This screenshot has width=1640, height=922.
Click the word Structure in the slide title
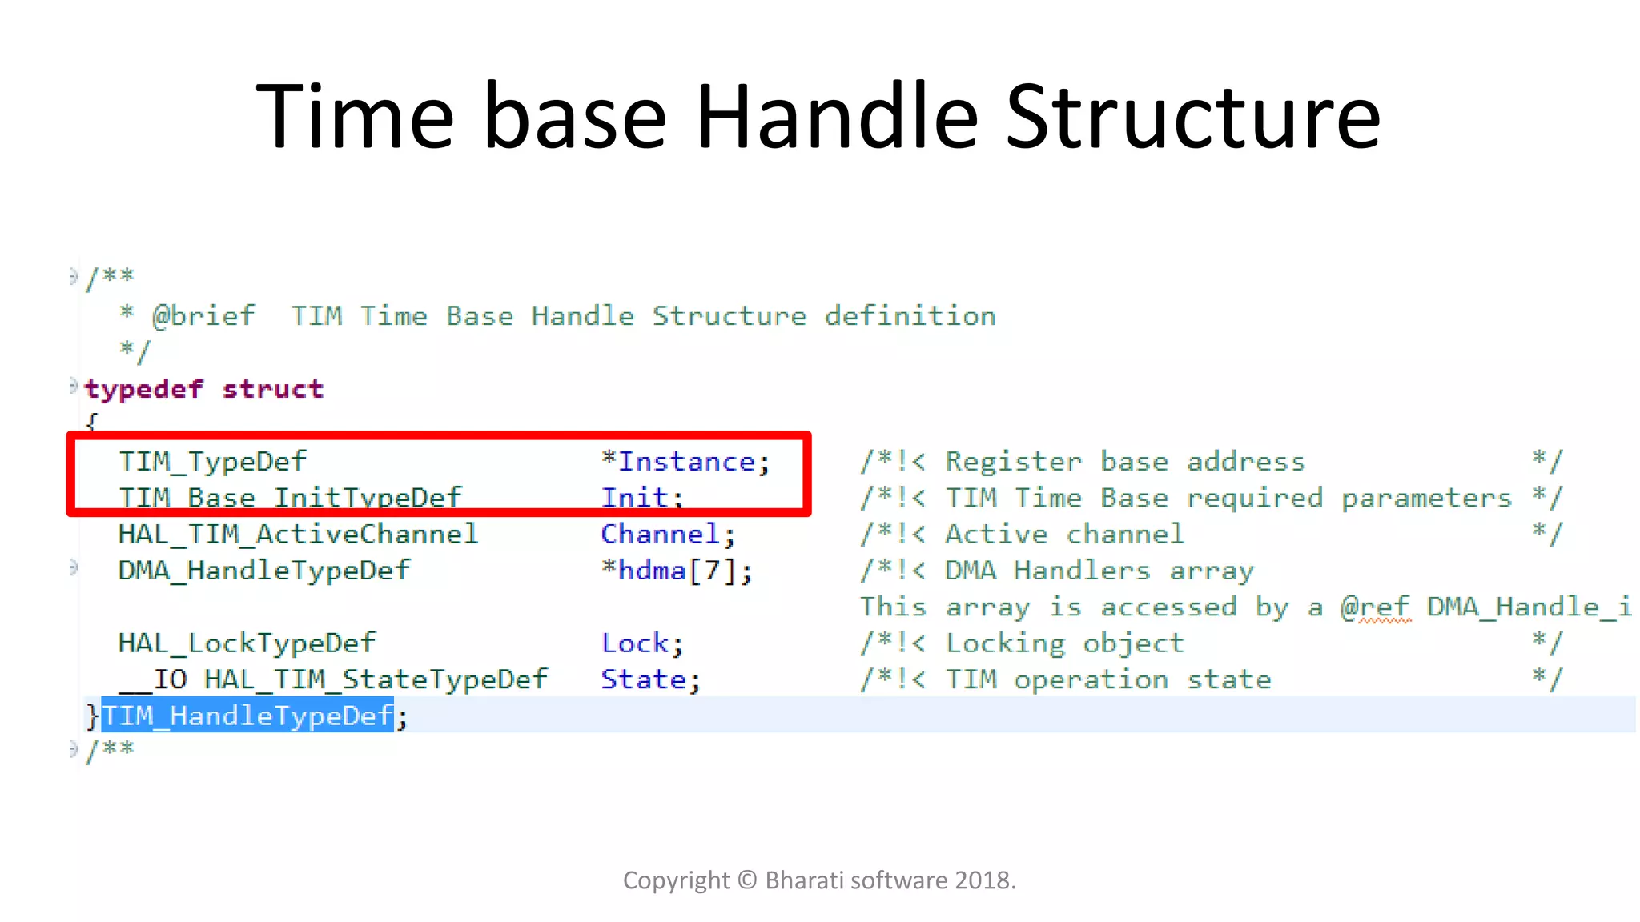pyautogui.click(x=1192, y=118)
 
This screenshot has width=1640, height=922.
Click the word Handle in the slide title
pyautogui.click(x=837, y=118)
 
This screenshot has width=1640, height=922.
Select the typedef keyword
pyautogui.click(x=144, y=389)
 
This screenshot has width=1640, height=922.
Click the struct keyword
pyautogui.click(x=273, y=389)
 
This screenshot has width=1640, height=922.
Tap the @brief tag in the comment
pyautogui.click(x=203, y=316)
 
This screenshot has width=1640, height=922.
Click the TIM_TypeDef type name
pyautogui.click(x=212, y=462)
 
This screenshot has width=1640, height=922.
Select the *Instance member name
pyautogui.click(x=685, y=462)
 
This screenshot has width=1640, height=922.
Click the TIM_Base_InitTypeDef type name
pyautogui.click(x=290, y=497)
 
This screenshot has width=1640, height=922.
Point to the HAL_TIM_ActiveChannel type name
pyautogui.click(x=298, y=534)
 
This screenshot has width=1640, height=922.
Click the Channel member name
pyautogui.click(x=661, y=534)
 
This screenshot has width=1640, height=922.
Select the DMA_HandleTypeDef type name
pyautogui.click(x=263, y=571)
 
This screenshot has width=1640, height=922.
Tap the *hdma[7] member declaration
pyautogui.click(x=677, y=571)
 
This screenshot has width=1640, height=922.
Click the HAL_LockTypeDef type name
pyautogui.click(x=247, y=643)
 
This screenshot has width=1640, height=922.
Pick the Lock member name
pyautogui.click(x=636, y=643)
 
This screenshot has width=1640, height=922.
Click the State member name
pyautogui.click(x=645, y=679)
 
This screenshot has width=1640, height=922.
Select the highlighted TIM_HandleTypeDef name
pyautogui.click(x=247, y=716)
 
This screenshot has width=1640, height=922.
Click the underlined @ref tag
pyautogui.click(x=1375, y=607)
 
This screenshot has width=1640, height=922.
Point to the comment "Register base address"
pyautogui.click(x=1124, y=462)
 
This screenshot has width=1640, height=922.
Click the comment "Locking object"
pyautogui.click(x=1064, y=643)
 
